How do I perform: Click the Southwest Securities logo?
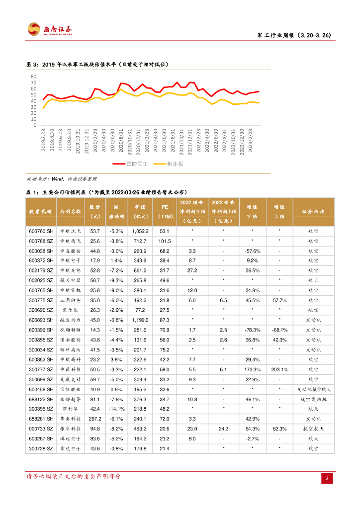pyautogui.click(x=50, y=29)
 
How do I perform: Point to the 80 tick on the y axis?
pyautogui.click(x=33, y=77)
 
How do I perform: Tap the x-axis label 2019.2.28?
pyautogui.click(x=43, y=139)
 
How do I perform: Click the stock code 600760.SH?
pyautogui.click(x=41, y=231)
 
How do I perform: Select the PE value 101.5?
pyautogui.click(x=165, y=241)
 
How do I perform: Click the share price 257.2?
pyautogui.click(x=94, y=419)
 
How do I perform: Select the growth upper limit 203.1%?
pyautogui.click(x=279, y=370)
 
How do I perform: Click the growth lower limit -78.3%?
pyautogui.click(x=252, y=330)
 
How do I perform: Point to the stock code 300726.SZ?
pyautogui.click(x=41, y=449)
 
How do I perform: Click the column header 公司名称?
pyautogui.click(x=70, y=211)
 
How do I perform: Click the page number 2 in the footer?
pyautogui.click(x=327, y=478)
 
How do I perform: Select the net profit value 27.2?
pyautogui.click(x=192, y=270)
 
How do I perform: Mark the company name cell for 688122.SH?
pyautogui.click(x=70, y=399)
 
